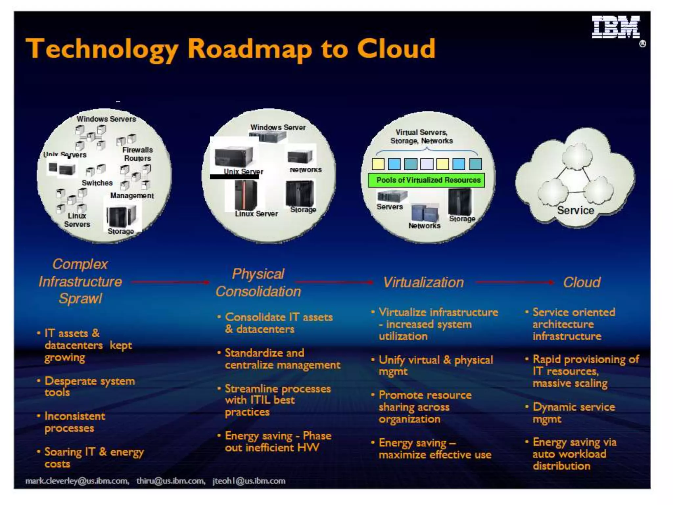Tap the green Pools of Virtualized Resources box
(x=427, y=180)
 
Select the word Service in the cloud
(x=575, y=210)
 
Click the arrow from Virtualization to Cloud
(x=514, y=282)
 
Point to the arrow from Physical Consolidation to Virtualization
(x=334, y=282)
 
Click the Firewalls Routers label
(x=137, y=154)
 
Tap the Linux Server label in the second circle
(x=256, y=214)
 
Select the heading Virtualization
(x=423, y=282)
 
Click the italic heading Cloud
(x=582, y=282)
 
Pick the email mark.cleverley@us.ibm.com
(x=77, y=481)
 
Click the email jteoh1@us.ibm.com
(x=249, y=481)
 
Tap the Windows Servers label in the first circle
(x=106, y=119)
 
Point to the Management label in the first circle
(x=132, y=196)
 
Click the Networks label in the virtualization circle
(x=424, y=226)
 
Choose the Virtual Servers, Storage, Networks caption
(x=422, y=136)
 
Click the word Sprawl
(x=80, y=299)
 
